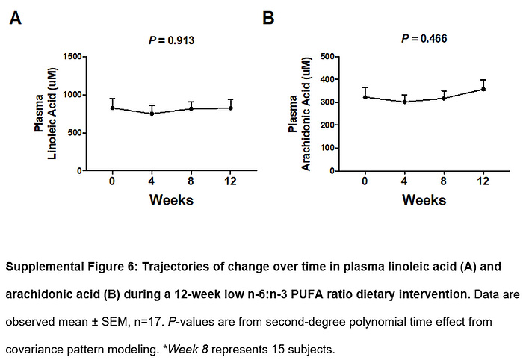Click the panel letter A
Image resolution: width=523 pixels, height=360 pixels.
[15, 18]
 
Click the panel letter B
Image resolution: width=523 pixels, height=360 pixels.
[269, 18]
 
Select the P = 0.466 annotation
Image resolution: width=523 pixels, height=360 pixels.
[424, 38]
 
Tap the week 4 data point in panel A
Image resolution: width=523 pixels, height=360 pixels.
[152, 114]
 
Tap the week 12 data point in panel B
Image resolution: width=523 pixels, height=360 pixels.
[483, 89]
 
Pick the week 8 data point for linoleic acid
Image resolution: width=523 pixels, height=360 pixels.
[192, 108]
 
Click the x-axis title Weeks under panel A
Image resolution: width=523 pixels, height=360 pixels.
[172, 199]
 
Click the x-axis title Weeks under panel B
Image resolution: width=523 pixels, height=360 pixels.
[424, 199]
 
